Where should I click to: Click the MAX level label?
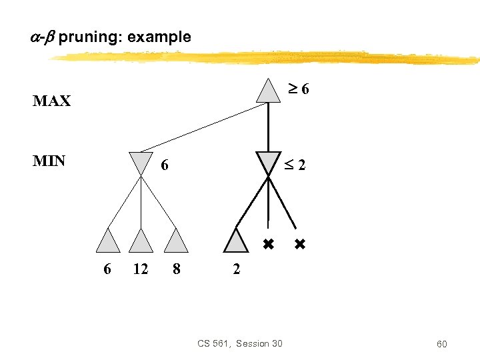(52, 101)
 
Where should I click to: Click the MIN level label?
(49, 161)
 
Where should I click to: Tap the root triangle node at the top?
(268, 91)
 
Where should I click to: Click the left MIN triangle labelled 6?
(141, 163)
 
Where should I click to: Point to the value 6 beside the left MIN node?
(164, 164)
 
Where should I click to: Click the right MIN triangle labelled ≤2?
(268, 163)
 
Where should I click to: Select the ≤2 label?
(296, 164)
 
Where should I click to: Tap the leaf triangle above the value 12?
(141, 241)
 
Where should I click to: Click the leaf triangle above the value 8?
(175, 241)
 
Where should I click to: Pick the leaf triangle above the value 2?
(236, 241)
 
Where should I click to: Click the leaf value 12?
(141, 269)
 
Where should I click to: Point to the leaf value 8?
(176, 269)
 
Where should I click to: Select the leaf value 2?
(236, 269)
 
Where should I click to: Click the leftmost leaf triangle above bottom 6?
(108, 241)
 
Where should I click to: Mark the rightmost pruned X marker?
(299, 245)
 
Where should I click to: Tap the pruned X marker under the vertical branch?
(268, 245)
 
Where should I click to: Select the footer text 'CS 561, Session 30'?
(240, 343)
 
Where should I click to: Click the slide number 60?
(442, 344)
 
